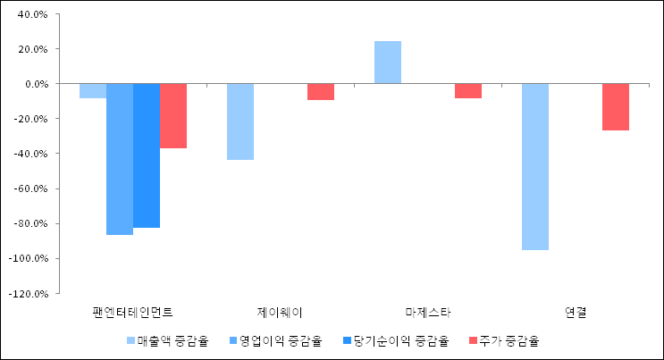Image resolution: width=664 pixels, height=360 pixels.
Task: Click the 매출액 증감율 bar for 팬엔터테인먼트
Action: pos(93,90)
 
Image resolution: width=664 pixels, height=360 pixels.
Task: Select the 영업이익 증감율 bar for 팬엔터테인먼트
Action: pos(120,159)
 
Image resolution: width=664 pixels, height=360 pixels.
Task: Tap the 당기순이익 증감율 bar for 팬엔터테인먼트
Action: pos(147,155)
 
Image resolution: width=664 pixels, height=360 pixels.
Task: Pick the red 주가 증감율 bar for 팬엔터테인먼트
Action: pos(173,115)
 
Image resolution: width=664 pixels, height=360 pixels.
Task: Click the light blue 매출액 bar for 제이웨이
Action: pos(240,121)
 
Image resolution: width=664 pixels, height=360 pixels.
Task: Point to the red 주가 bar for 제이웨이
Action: pos(321,91)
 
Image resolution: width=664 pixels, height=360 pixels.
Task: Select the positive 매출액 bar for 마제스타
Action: pos(388,63)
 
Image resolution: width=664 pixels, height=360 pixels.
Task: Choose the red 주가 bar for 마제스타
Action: pos(468,90)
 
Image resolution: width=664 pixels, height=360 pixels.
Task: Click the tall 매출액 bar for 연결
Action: pos(535,166)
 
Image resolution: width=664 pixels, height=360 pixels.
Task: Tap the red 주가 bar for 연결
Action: pos(616,106)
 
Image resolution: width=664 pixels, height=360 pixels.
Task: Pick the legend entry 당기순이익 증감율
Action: pos(394,340)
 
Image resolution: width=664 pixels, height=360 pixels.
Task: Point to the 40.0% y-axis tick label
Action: pos(32,14)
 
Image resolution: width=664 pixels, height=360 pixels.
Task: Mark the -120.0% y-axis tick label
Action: pos(29,293)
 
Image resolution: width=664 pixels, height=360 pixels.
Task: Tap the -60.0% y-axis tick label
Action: pos(32,188)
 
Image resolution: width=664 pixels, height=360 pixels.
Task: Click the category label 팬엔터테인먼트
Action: pos(132,313)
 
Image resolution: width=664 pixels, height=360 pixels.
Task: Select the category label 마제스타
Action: pos(427,313)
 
